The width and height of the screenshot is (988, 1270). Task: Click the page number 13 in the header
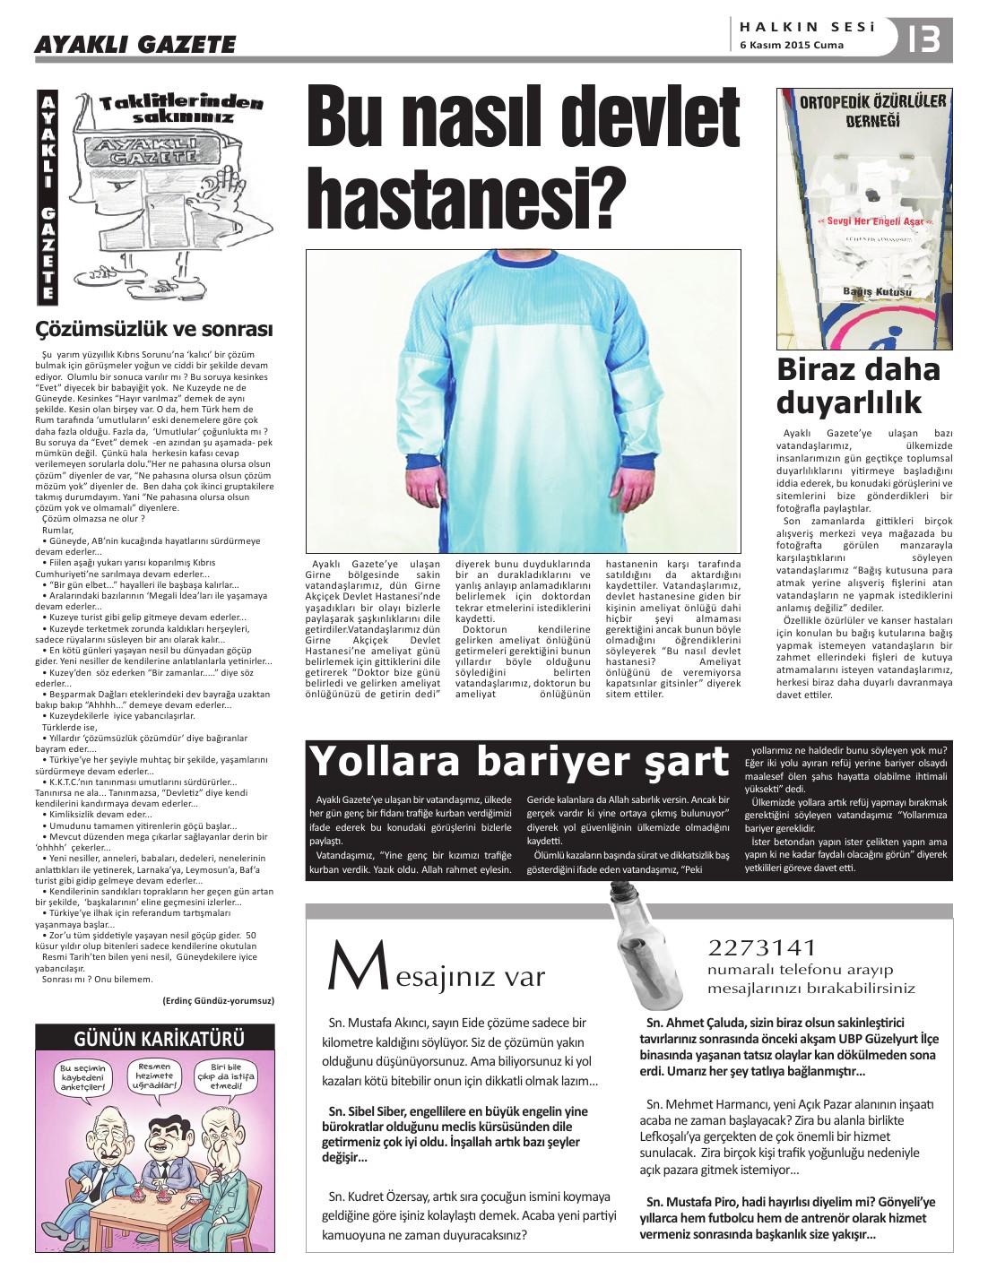point(923,39)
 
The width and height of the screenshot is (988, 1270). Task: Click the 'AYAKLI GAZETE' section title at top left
point(135,44)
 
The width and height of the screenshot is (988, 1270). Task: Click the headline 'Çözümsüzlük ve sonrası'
point(154,329)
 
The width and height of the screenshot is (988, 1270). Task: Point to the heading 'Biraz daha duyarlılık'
point(858,385)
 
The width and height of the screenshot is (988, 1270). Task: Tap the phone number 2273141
point(762,947)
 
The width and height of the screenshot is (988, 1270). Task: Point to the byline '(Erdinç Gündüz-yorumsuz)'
point(218,1000)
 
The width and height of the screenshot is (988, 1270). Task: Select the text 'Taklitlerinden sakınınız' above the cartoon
point(182,109)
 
